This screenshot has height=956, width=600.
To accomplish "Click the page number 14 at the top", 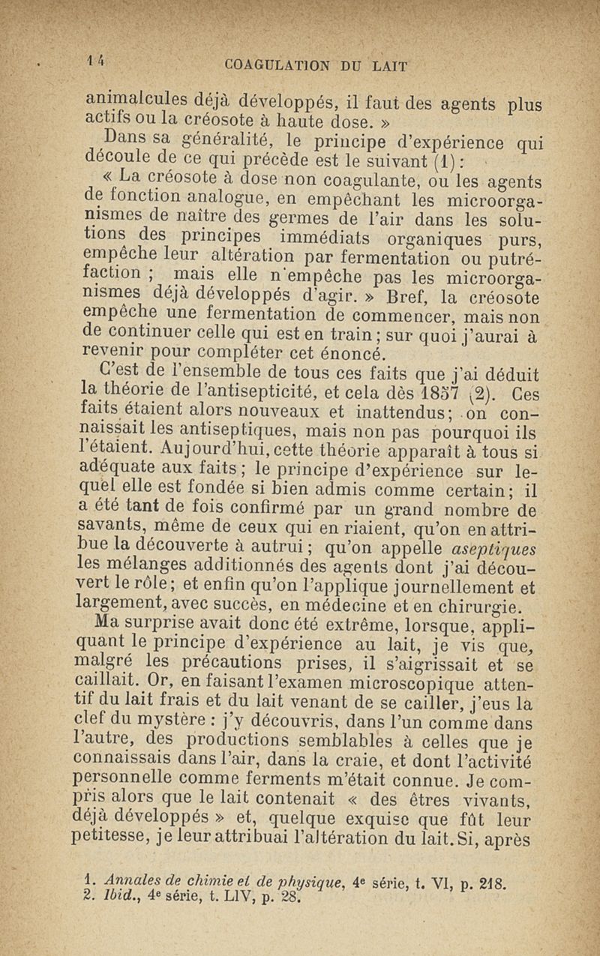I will pos(95,65).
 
